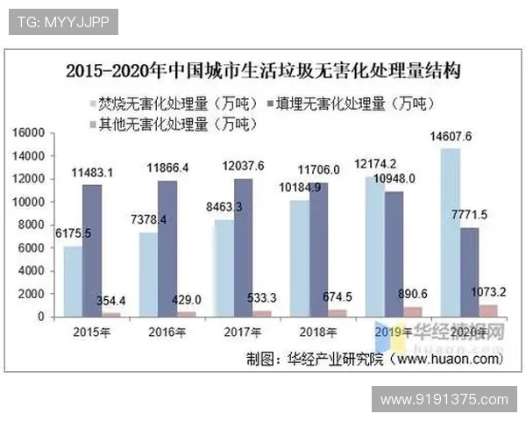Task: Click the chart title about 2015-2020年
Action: (x=263, y=70)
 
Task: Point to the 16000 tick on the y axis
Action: (x=29, y=133)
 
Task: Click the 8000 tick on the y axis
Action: (x=32, y=225)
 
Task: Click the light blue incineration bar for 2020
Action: (x=450, y=232)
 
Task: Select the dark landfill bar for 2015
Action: (x=91, y=250)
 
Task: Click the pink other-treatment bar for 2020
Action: (x=488, y=310)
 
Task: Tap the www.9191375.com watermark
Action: (x=445, y=400)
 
